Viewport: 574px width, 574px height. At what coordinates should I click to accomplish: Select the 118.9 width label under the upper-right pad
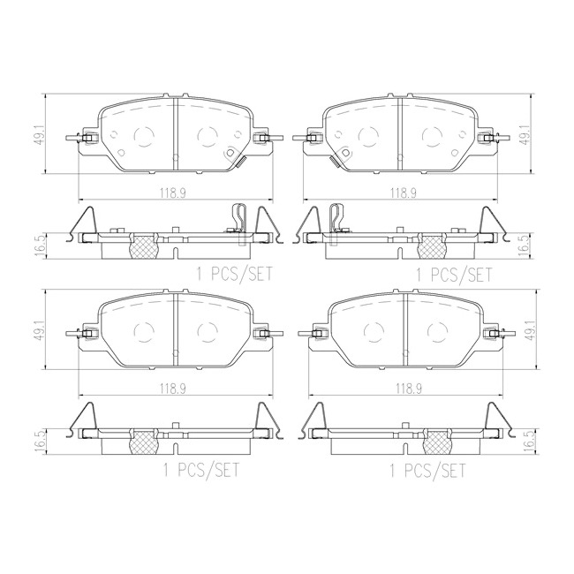pyautogui.click(x=403, y=193)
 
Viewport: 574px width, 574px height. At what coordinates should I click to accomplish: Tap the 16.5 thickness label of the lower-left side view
pyautogui.click(x=41, y=442)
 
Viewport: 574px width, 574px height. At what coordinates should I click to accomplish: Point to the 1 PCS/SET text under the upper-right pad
pyautogui.click(x=454, y=274)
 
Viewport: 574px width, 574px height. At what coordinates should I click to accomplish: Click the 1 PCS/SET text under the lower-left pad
pyautogui.click(x=201, y=470)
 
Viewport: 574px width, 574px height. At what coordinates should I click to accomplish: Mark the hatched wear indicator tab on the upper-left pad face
pyautogui.click(x=240, y=162)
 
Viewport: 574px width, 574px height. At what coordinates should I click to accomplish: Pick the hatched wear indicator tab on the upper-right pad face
pyautogui.click(x=336, y=162)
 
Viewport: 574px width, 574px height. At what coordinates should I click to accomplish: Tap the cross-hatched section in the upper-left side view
pyautogui.click(x=144, y=245)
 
